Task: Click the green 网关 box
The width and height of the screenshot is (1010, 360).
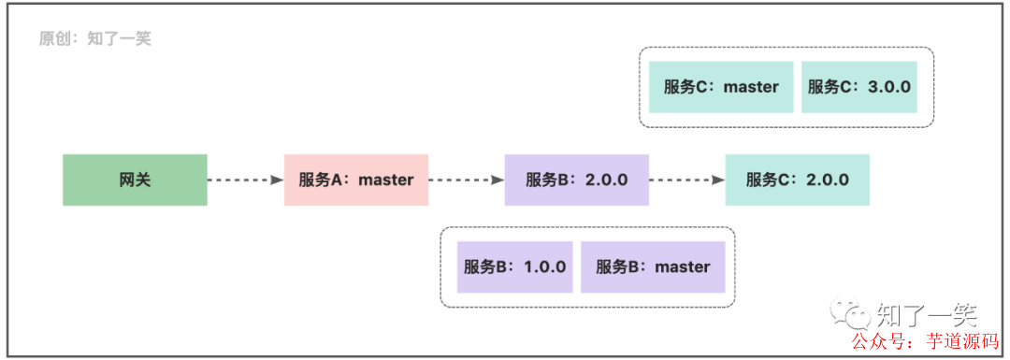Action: pos(135,180)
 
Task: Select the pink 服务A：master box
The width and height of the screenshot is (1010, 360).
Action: pos(355,180)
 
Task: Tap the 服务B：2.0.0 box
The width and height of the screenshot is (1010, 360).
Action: pos(576,180)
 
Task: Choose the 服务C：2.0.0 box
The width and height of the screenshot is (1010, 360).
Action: pos(797,180)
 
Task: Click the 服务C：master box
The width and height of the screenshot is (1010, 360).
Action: pos(721,87)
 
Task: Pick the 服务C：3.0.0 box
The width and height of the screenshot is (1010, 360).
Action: pos(859,87)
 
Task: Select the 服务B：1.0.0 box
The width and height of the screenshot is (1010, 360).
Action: pos(514,266)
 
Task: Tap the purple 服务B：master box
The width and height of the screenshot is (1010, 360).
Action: pos(653,266)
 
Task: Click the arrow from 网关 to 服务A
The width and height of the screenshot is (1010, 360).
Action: pos(245,180)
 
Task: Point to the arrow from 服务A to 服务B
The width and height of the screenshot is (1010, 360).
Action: pos(466,180)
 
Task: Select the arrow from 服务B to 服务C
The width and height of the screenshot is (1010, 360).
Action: pos(686,180)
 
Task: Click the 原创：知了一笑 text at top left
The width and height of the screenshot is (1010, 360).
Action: pos(94,39)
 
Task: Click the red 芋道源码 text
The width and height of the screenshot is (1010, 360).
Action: pos(959,340)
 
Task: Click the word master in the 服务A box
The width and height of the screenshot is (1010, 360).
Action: pos(385,180)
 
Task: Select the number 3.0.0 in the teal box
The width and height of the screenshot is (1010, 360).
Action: pos(889,87)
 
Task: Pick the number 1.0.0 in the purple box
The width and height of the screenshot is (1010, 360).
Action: pos(544,266)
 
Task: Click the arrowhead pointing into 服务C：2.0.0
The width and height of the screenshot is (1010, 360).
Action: pos(717,180)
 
